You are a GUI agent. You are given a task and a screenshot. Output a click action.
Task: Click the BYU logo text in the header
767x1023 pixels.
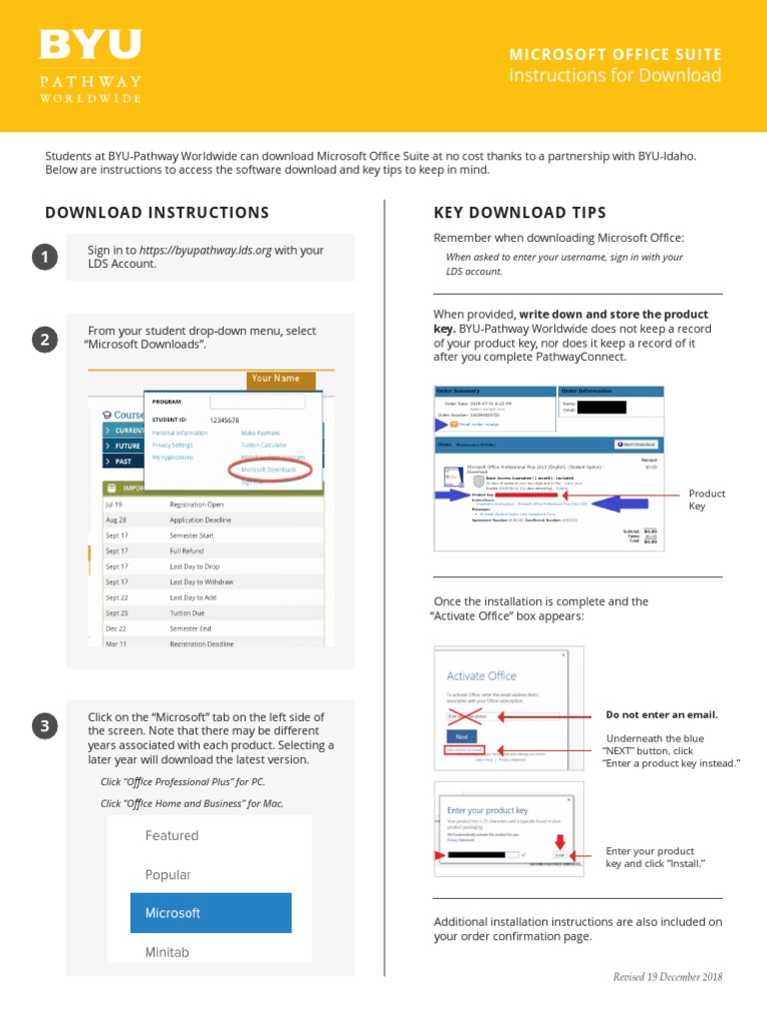click(90, 46)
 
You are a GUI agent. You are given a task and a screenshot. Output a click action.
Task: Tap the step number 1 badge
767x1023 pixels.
click(44, 259)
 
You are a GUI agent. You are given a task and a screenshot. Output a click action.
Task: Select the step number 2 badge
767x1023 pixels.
click(44, 341)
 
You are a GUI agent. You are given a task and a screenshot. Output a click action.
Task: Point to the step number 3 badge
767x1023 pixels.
click(44, 727)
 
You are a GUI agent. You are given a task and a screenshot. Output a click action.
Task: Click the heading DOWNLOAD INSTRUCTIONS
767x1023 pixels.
click(157, 213)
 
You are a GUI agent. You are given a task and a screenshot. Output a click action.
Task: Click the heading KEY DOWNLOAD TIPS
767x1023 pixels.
click(519, 213)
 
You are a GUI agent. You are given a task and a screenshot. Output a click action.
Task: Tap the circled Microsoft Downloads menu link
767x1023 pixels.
click(269, 469)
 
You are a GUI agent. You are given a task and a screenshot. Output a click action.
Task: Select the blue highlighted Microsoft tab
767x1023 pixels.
click(211, 913)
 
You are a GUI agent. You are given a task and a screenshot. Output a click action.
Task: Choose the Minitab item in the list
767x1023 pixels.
click(167, 952)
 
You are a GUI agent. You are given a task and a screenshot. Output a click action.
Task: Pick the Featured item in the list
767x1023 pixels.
click(172, 835)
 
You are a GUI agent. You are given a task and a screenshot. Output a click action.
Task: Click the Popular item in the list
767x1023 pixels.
click(168, 874)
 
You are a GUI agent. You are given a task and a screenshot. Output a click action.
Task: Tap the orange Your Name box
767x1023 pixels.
click(276, 380)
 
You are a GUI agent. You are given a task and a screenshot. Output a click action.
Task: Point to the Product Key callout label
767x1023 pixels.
click(707, 500)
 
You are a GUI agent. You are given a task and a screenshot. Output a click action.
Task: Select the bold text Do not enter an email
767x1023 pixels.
click(662, 715)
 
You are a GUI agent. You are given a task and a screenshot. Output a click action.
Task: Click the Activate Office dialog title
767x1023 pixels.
click(481, 676)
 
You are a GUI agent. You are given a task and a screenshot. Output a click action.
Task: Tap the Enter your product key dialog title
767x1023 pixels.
click(488, 810)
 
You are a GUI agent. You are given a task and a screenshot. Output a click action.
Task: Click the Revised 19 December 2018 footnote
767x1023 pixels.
click(667, 977)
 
